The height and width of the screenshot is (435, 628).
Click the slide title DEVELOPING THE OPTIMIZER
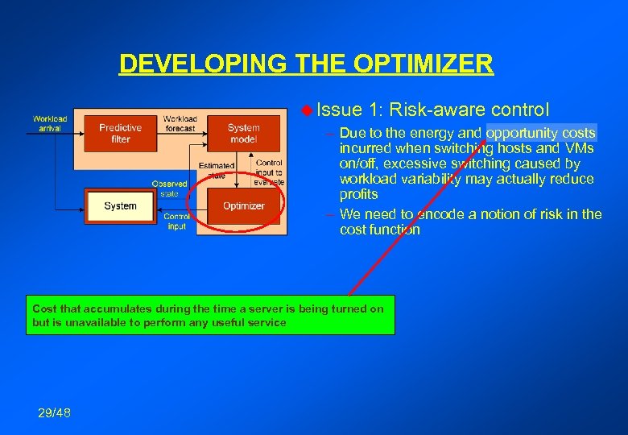pos(306,63)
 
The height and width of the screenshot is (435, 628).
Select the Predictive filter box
pos(120,133)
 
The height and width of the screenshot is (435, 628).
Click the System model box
pos(243,133)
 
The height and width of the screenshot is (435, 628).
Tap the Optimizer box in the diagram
pos(243,206)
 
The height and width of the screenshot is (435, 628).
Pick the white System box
pos(120,206)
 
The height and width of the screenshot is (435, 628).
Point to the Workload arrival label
pos(50,123)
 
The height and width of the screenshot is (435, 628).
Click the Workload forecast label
pos(180,123)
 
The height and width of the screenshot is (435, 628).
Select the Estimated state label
pos(216,170)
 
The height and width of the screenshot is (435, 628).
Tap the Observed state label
pos(170,188)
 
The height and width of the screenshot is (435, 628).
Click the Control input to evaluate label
pos(269,172)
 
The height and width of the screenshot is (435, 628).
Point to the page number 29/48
pos(54,413)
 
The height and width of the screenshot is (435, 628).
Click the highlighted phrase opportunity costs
pos(541,133)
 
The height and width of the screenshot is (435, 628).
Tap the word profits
pos(358,194)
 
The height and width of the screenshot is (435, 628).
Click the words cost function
pos(379,230)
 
